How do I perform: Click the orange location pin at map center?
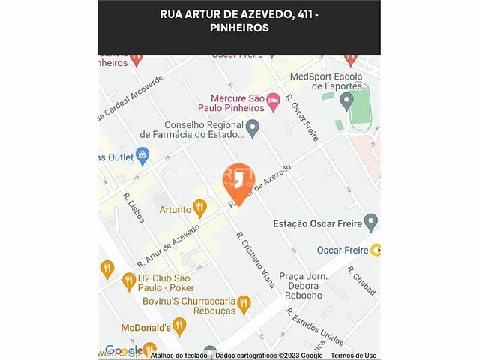(x=239, y=179)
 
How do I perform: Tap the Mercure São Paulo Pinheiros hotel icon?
(x=274, y=99)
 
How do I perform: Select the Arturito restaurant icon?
(x=199, y=207)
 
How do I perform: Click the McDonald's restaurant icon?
(x=178, y=325)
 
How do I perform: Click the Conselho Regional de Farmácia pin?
(x=253, y=128)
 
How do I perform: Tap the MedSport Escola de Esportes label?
(x=325, y=81)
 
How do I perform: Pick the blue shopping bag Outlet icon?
(x=142, y=156)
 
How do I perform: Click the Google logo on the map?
(x=124, y=350)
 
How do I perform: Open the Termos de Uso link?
(x=354, y=355)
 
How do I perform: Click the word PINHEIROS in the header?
(x=239, y=28)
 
